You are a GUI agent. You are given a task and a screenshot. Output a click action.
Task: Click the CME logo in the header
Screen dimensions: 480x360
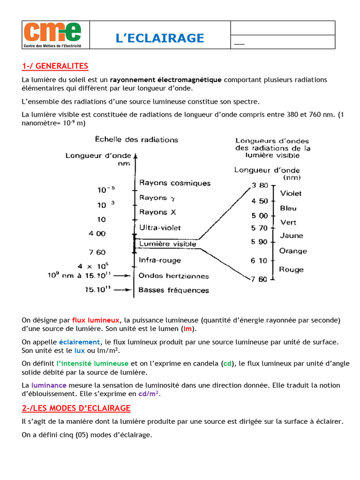tap(52, 34)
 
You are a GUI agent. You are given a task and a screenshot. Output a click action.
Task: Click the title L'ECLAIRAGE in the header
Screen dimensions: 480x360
tap(160, 38)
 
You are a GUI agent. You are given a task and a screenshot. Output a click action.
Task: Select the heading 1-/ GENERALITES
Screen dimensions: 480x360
tap(55, 66)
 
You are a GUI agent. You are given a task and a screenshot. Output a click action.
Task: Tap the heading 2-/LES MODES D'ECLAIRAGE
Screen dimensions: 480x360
tap(76, 408)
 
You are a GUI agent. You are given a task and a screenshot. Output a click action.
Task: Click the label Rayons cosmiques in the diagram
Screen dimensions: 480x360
tap(175, 183)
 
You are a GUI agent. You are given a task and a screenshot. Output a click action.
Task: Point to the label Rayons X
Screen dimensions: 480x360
tap(157, 212)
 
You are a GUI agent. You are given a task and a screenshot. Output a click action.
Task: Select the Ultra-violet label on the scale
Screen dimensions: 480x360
tap(160, 227)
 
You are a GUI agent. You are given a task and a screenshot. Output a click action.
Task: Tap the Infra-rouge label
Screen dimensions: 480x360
tap(160, 260)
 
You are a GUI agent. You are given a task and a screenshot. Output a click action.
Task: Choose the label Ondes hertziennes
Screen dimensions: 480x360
tap(173, 276)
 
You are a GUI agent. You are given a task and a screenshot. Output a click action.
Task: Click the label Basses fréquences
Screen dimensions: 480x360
tap(173, 290)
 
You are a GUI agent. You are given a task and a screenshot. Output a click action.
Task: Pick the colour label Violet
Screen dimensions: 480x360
tap(291, 193)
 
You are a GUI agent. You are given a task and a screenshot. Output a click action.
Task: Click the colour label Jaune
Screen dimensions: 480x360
tap(291, 236)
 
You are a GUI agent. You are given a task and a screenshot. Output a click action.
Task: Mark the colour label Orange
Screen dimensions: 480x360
tap(293, 251)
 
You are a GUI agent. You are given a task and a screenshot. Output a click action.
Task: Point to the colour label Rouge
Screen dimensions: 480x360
tap(291, 270)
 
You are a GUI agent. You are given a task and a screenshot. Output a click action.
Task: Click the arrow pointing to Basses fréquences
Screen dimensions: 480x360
tap(123, 290)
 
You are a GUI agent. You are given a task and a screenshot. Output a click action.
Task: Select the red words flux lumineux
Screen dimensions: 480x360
tap(96, 320)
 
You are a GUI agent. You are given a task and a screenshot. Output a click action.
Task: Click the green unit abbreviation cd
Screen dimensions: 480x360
tap(227, 363)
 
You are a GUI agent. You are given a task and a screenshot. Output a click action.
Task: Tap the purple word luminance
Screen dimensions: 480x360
tap(48, 385)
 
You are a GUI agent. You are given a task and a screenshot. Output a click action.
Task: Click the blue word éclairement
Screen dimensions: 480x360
tap(80, 342)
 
